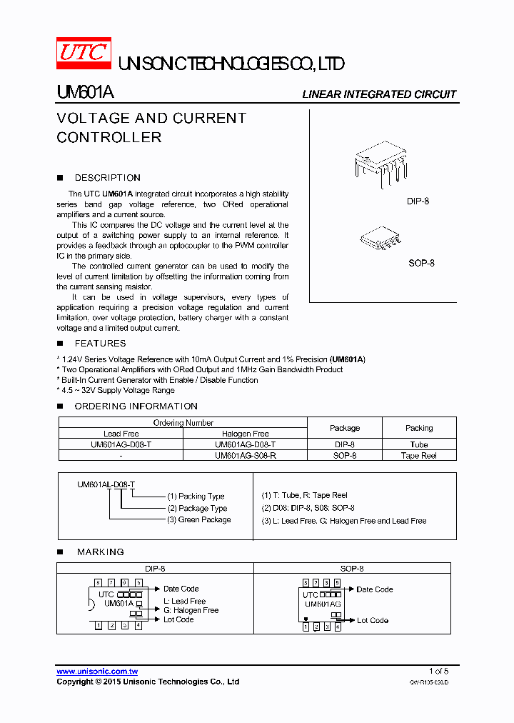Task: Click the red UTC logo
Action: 84,53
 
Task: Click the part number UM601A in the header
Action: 84,93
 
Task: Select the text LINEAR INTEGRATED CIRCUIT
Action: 378,94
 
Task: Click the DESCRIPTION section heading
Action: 107,178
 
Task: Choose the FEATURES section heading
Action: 100,344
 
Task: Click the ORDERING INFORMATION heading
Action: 136,407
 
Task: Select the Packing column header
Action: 419,428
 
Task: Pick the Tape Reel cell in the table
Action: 419,455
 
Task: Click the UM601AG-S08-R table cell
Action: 245,455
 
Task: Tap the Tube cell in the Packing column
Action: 419,444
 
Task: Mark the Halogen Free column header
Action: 245,434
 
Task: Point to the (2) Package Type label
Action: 197,508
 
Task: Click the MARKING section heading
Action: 99,552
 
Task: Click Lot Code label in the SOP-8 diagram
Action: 372,620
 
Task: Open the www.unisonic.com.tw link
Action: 97,672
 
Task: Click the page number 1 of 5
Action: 438,671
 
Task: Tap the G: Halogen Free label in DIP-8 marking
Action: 191,610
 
